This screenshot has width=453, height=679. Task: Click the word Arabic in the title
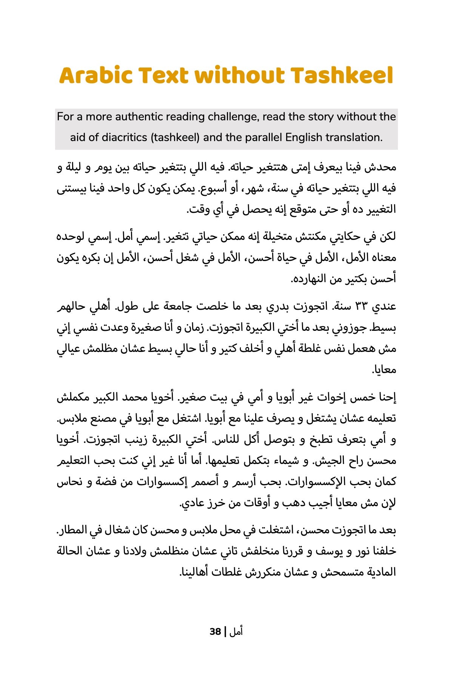click(96, 75)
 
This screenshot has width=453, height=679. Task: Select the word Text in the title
click(163, 75)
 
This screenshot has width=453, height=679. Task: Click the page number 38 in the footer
click(215, 631)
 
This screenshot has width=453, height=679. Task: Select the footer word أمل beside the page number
click(236, 631)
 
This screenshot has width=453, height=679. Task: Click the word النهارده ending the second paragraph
click(313, 279)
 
